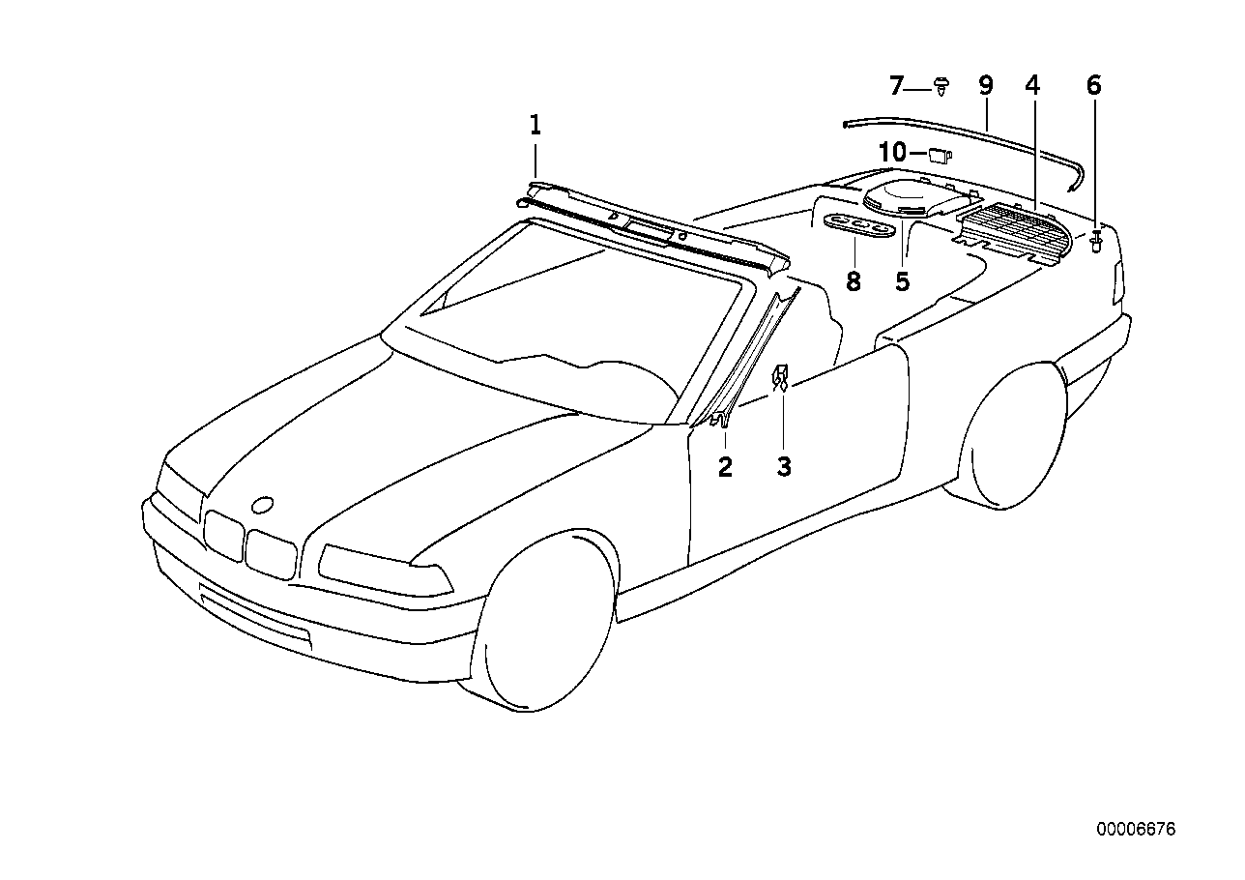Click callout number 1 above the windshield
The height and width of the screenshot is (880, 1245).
pyautogui.click(x=535, y=125)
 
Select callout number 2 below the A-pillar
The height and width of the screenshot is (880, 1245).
pyautogui.click(x=725, y=467)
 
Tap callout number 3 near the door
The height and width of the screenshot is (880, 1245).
pyautogui.click(x=784, y=467)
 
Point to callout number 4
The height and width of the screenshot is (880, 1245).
pyautogui.click(x=1032, y=85)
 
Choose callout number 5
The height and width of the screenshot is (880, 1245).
pyautogui.click(x=902, y=282)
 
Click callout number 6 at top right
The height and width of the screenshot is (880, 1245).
pyautogui.click(x=1093, y=85)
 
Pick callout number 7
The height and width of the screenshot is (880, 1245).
pyautogui.click(x=896, y=87)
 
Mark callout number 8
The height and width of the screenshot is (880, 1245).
pyautogui.click(x=853, y=282)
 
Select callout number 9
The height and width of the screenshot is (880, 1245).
pyautogui.click(x=985, y=85)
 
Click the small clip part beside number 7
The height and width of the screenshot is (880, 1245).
pyautogui.click(x=941, y=87)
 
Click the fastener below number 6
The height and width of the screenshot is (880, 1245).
pyautogui.click(x=1097, y=241)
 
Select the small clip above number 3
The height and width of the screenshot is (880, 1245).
pyautogui.click(x=780, y=377)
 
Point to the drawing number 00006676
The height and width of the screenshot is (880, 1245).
pyautogui.click(x=1136, y=830)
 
